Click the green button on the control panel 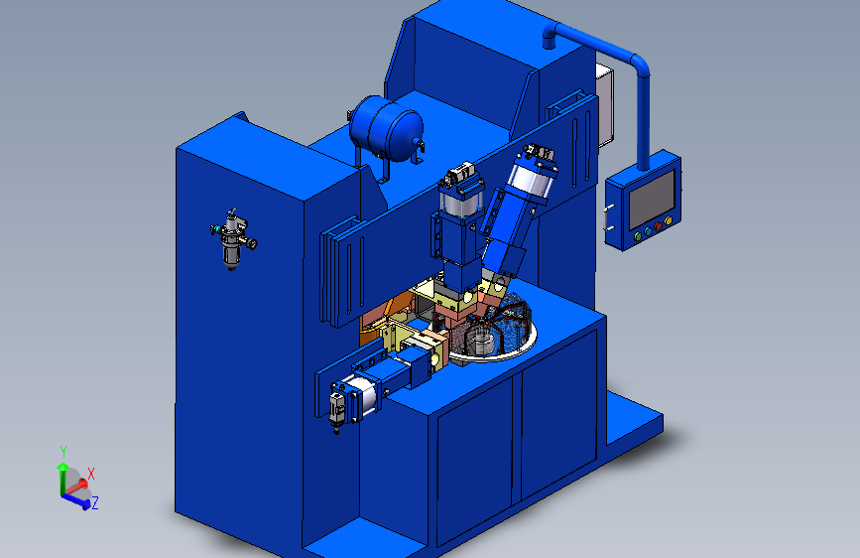click(x=638, y=236)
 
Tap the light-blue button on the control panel click(x=648, y=231)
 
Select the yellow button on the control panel click(x=668, y=221)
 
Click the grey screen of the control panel click(x=652, y=199)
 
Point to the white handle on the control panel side click(x=607, y=217)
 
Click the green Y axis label click(x=63, y=452)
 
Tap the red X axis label click(x=91, y=474)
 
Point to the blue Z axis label click(x=95, y=502)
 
